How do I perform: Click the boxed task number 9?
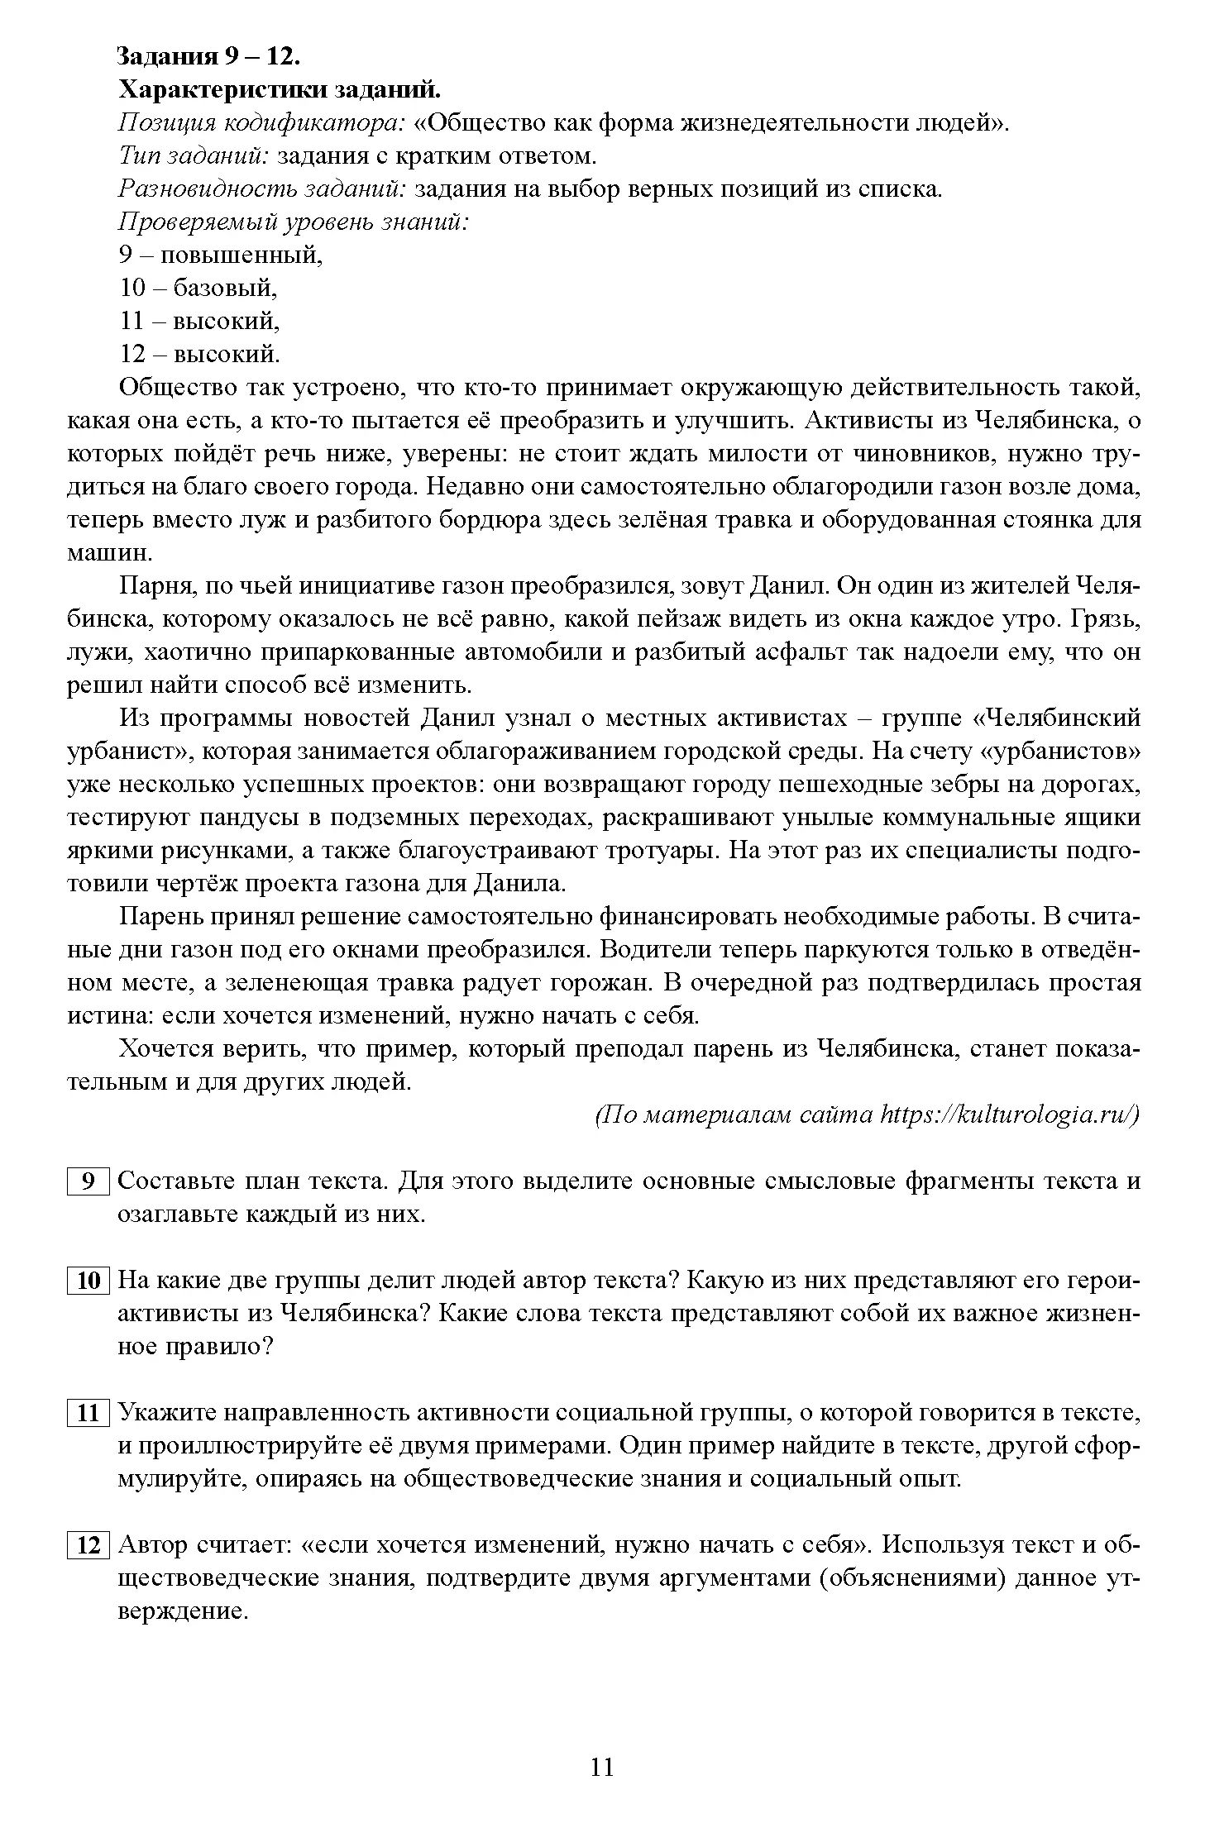tap(88, 1181)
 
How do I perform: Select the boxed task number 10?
tap(88, 1281)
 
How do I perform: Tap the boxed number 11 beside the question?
tap(88, 1414)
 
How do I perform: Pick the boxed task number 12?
tap(88, 1545)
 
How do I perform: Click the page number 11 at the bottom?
tap(602, 1767)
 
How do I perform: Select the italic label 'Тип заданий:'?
tap(195, 156)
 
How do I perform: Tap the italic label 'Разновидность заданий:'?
tap(263, 189)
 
